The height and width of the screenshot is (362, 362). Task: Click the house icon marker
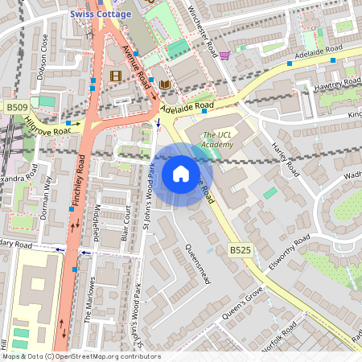pyautogui.click(x=181, y=174)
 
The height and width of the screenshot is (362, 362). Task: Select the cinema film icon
pyautogui.click(x=115, y=76)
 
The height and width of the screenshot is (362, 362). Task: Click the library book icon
pyautogui.click(x=164, y=84)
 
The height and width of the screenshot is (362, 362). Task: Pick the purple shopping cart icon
pyautogui.click(x=224, y=56)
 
